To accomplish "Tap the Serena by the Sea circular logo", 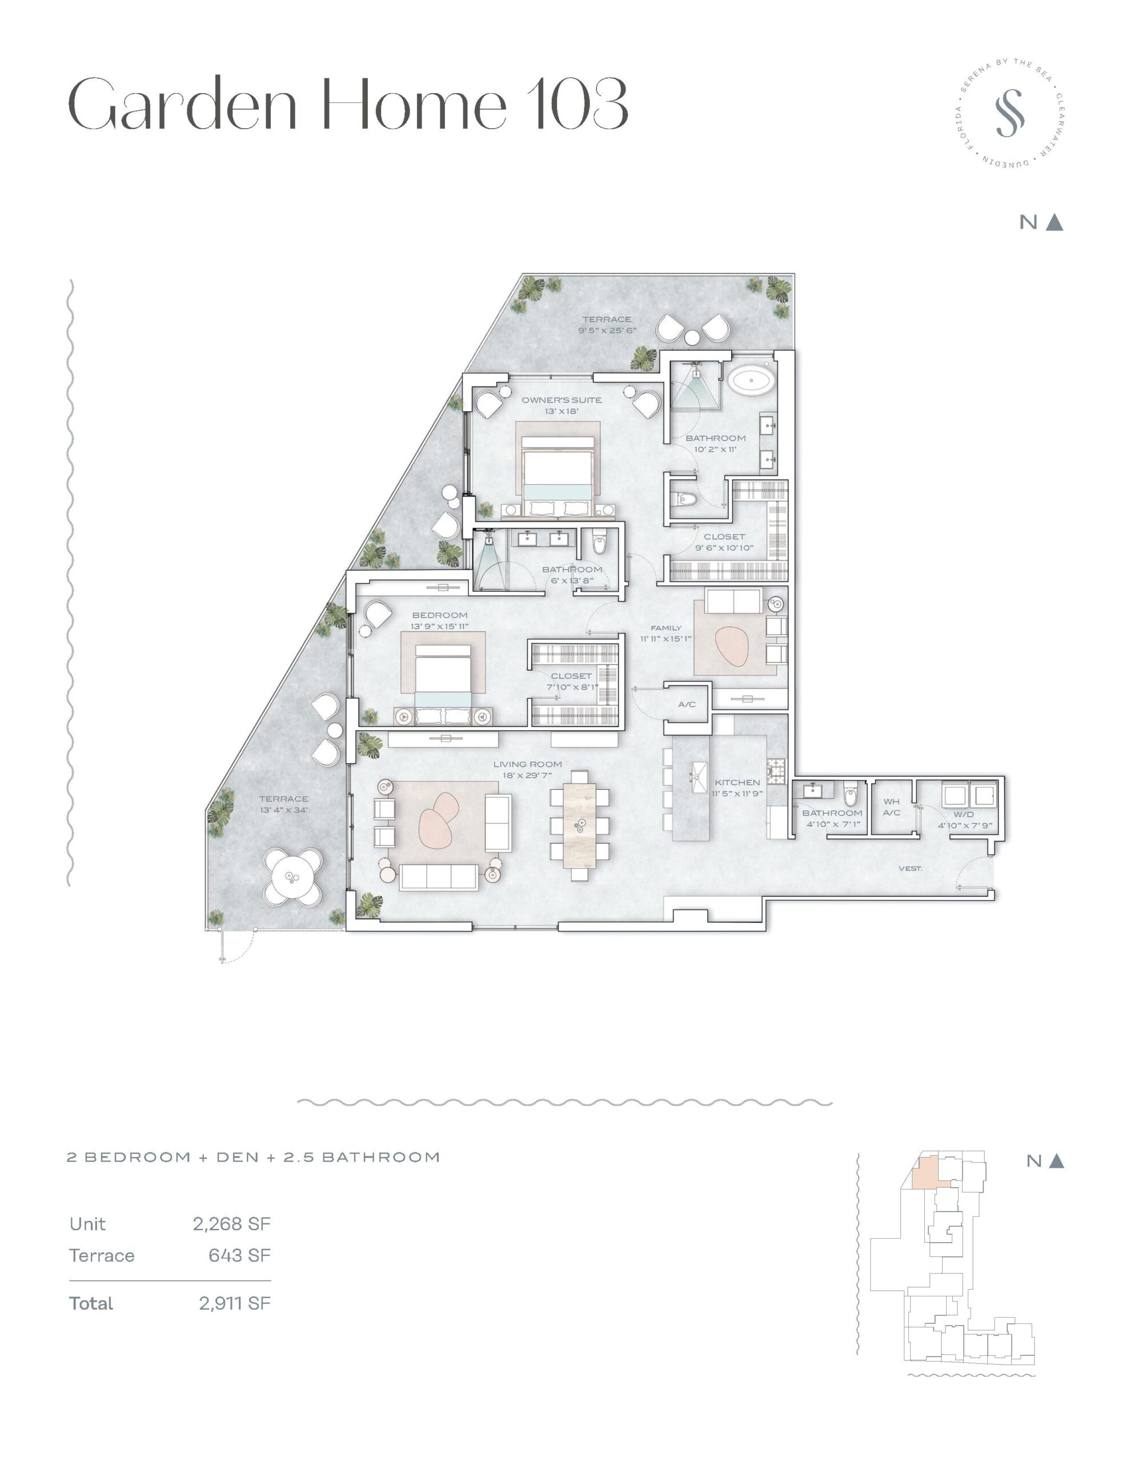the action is tap(1009, 113).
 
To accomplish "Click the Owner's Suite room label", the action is tap(562, 400).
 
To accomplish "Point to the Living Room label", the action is tap(527, 764).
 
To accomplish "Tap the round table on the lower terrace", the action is tap(292, 876).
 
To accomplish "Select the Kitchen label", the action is tap(737, 782).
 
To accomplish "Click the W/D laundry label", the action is tap(963, 814).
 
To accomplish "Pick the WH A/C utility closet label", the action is tap(892, 807).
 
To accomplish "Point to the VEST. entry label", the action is tap(910, 869).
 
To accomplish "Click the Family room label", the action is tap(666, 628).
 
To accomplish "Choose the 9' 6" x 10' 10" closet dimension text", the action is tap(724, 548).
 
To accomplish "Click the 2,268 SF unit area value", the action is tap(232, 1224).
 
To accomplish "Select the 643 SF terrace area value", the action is tap(239, 1255).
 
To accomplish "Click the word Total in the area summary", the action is tap(91, 1303).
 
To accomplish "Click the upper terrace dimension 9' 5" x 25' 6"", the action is tap(607, 331).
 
